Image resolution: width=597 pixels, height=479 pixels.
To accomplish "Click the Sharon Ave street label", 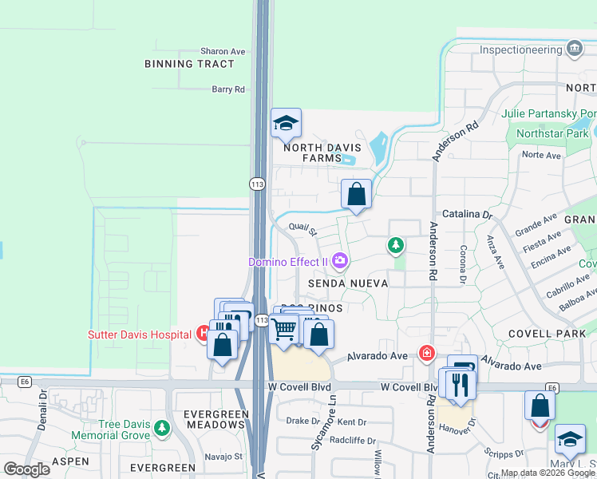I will [x=223, y=51].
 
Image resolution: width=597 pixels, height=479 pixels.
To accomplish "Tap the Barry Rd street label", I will [x=228, y=89].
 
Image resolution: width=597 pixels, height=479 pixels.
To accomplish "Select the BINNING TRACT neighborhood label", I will [x=190, y=64].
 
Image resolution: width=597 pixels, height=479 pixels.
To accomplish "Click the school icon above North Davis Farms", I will [x=286, y=124].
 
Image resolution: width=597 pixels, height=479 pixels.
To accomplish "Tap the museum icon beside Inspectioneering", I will [x=574, y=49].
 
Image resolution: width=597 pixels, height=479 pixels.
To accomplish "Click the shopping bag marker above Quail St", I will [x=356, y=194].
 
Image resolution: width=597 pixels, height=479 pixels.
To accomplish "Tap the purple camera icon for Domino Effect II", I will [x=341, y=261].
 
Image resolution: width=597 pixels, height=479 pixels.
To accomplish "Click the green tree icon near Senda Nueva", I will [x=395, y=245].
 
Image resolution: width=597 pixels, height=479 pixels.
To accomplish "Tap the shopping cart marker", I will [x=284, y=328].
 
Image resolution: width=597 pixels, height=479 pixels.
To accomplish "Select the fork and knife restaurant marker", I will [x=461, y=384].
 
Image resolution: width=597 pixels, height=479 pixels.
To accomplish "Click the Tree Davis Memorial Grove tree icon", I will [x=162, y=430].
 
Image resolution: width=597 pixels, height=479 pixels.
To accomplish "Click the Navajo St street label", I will [x=226, y=457].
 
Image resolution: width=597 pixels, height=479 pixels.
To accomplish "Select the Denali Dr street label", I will [x=40, y=411].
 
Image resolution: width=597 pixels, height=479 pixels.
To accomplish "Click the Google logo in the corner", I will [x=26, y=469].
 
